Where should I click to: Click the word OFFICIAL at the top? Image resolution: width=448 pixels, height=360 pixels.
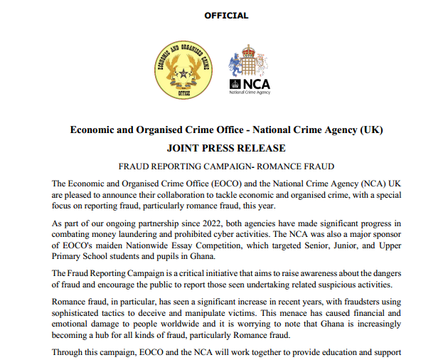click(226, 15)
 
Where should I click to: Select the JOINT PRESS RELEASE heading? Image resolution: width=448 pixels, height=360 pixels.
click(226, 148)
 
